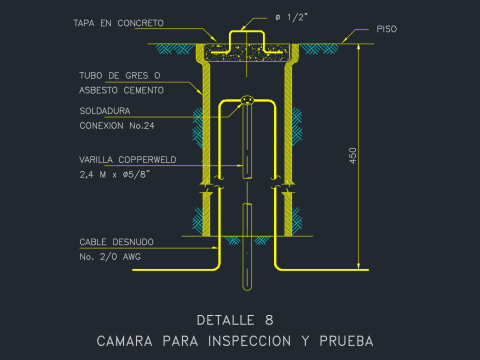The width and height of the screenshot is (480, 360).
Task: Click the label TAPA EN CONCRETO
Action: click(118, 23)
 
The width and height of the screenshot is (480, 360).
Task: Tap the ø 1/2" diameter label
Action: click(291, 17)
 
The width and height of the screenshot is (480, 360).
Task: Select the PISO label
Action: click(387, 29)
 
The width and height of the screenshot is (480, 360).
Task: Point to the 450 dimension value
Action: click(353, 156)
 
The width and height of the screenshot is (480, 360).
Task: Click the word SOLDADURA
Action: click(105, 111)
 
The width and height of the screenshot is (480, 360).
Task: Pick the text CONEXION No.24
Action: click(117, 126)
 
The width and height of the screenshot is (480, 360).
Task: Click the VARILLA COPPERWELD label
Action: click(128, 160)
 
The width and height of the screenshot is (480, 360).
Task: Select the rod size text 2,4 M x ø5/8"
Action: click(115, 174)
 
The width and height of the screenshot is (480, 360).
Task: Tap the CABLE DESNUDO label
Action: click(116, 242)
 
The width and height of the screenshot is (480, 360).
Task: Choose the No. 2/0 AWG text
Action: click(110, 257)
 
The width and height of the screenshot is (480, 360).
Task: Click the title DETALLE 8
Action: click(235, 320)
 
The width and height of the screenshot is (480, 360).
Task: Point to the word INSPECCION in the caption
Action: click(249, 341)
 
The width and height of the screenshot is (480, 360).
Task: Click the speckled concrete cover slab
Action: click(247, 53)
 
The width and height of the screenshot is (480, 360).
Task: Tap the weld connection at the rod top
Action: click(247, 100)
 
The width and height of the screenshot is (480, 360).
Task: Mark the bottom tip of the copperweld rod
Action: click(247, 290)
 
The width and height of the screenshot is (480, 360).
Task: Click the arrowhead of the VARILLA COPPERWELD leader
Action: click(240, 165)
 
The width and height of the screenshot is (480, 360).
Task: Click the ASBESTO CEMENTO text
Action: click(121, 90)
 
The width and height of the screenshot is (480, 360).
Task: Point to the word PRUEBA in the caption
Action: click(346, 341)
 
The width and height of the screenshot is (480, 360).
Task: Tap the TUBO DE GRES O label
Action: click(120, 76)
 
